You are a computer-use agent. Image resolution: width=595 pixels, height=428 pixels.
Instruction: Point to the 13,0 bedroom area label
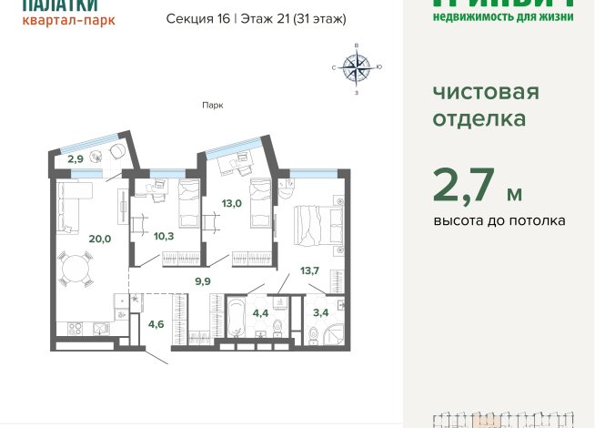[231, 203]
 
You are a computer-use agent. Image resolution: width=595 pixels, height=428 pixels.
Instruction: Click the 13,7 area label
[309, 270]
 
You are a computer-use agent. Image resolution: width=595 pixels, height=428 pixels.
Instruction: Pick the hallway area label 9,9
[203, 281]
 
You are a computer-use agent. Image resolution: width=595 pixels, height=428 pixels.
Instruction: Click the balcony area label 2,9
[76, 159]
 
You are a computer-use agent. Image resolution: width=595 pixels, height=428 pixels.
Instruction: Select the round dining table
[76, 270]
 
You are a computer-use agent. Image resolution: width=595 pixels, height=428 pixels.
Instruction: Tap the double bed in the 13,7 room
[316, 224]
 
